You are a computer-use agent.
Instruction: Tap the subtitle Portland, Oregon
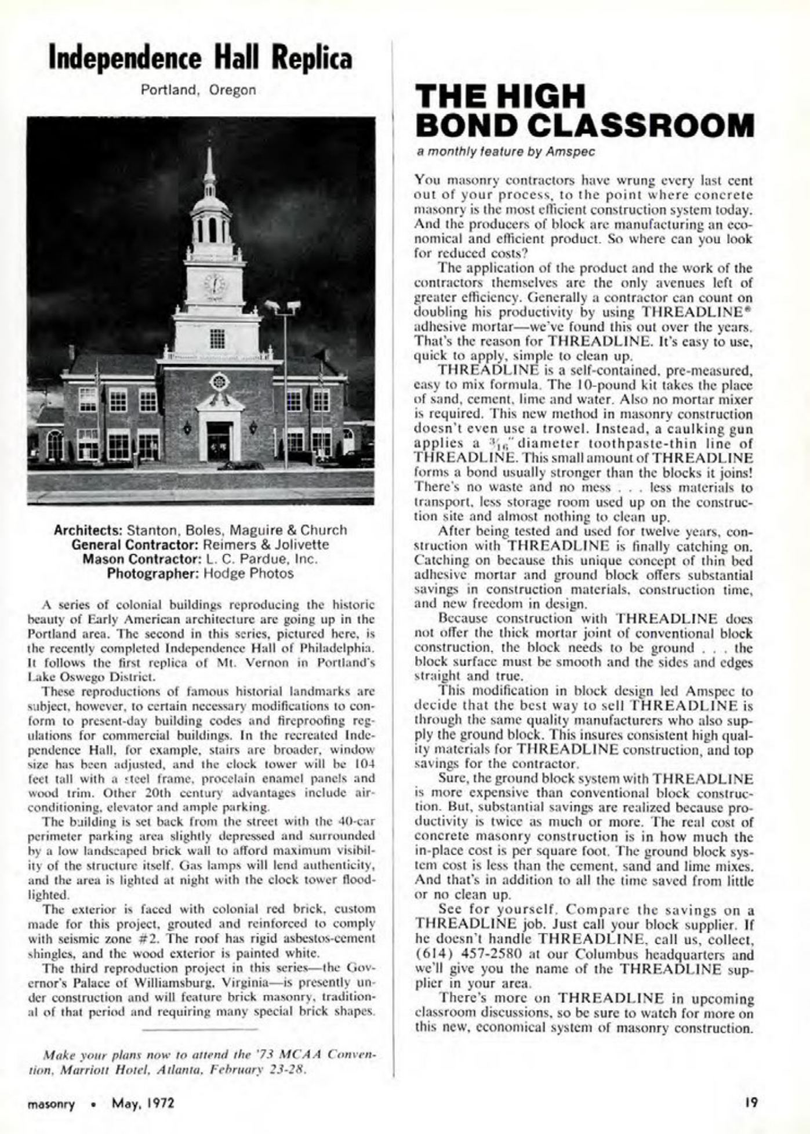tap(199, 90)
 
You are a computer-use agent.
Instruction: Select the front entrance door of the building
tap(219, 441)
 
